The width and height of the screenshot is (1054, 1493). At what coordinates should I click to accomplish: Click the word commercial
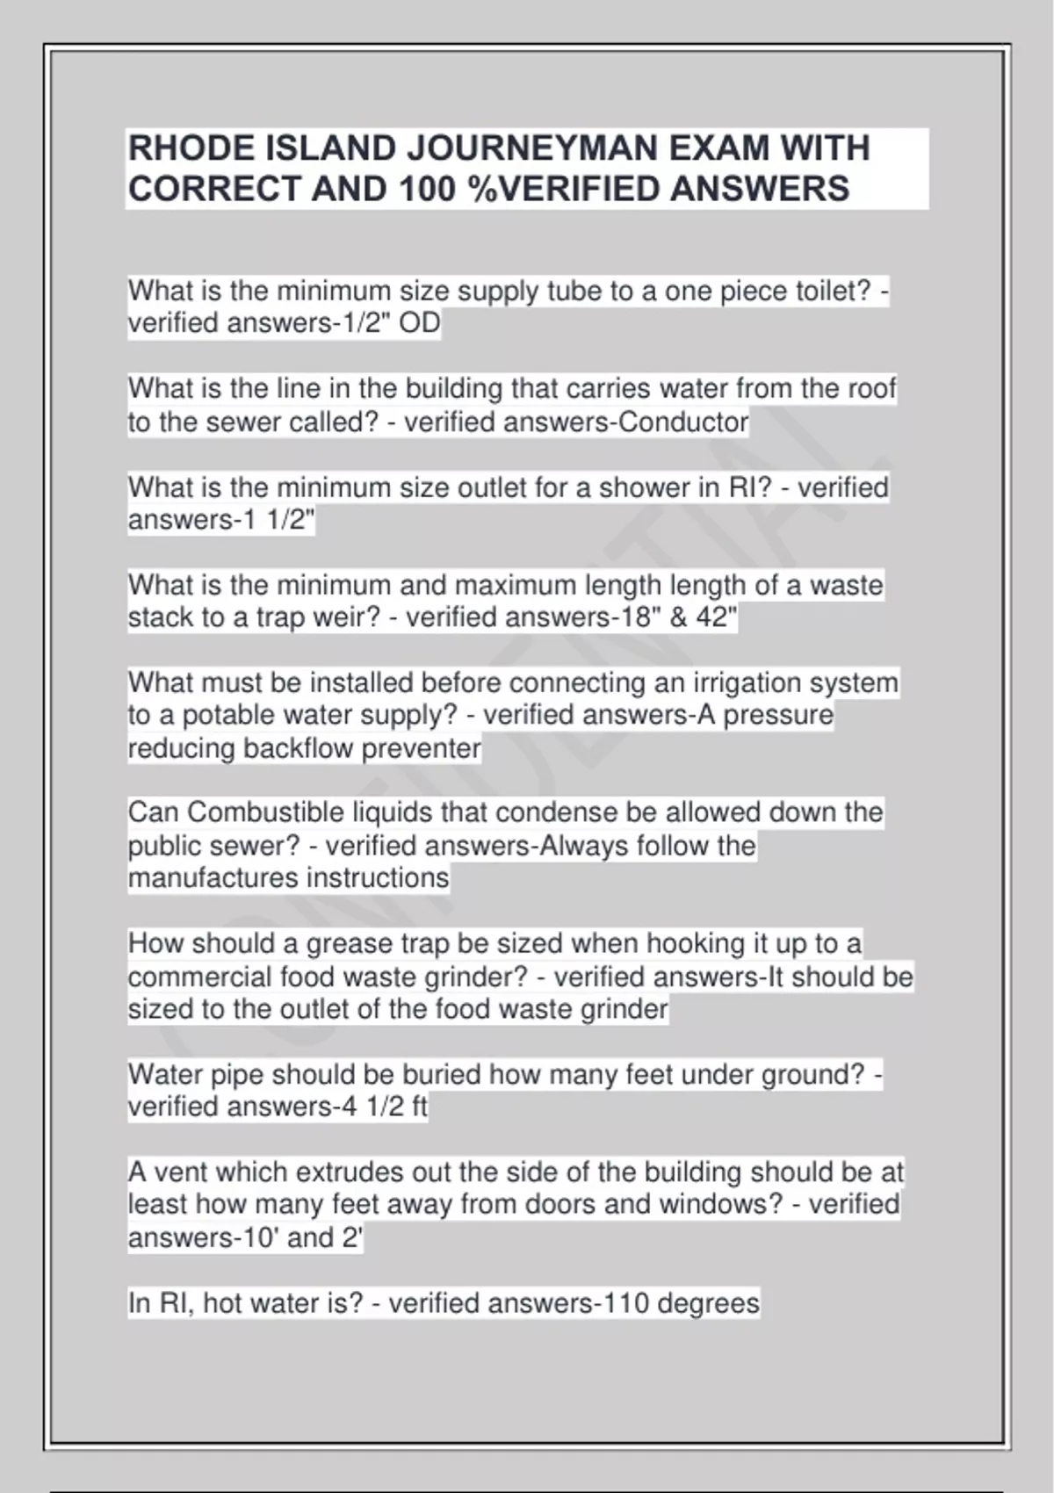coord(199,977)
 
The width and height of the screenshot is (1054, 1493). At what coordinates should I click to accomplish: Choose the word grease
coord(349,943)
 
